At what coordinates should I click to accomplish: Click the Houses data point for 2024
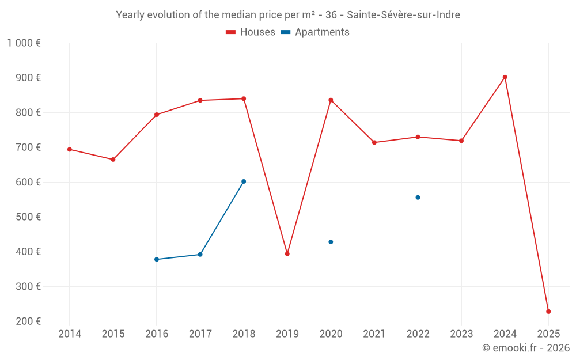tap(505, 77)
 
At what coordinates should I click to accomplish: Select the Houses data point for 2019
tap(287, 253)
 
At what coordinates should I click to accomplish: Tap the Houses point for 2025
tap(548, 312)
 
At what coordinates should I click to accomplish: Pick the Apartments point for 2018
tap(244, 181)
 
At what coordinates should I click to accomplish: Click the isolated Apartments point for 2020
tap(331, 242)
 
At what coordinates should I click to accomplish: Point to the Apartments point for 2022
tap(418, 198)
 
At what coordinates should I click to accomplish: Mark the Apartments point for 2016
tap(157, 259)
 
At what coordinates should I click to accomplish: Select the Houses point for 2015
tap(113, 160)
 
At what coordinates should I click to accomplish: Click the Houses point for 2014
tap(70, 149)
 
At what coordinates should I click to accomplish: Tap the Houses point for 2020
tap(331, 100)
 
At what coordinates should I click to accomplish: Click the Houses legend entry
tap(251, 32)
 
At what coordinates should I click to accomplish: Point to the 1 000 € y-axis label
tap(24, 43)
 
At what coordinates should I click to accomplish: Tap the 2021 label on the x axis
tap(374, 334)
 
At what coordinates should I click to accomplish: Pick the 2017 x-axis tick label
tap(200, 334)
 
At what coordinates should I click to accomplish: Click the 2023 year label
tap(461, 334)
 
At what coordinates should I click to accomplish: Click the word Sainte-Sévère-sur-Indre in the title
tap(403, 15)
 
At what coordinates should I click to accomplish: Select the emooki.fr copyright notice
tap(525, 348)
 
